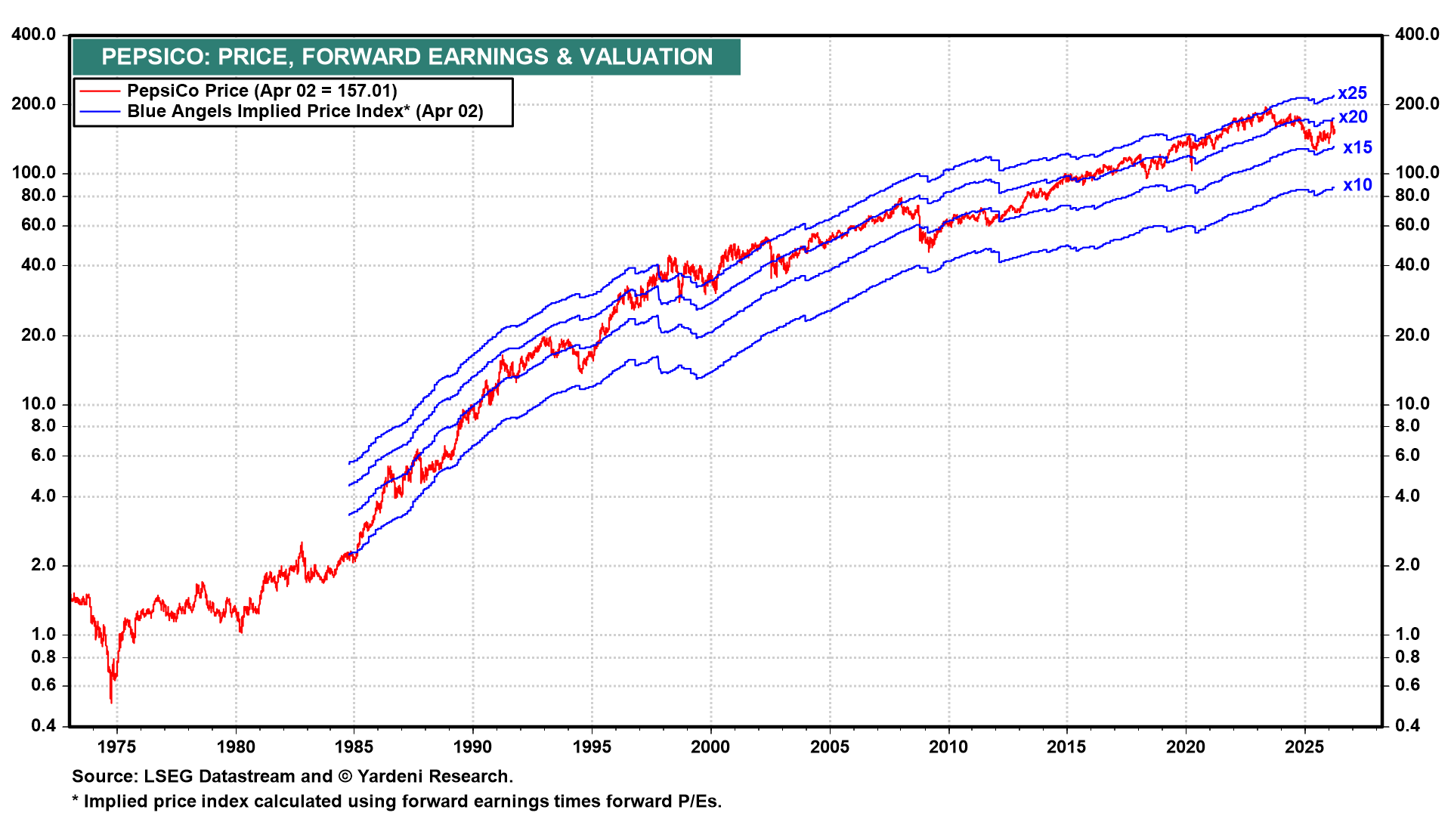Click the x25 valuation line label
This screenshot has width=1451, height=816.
1352,93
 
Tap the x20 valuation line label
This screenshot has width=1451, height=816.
1353,117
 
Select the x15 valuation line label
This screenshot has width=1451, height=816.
1357,148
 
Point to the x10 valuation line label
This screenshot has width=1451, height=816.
1357,185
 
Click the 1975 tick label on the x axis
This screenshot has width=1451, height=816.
117,747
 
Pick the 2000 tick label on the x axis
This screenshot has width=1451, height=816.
710,747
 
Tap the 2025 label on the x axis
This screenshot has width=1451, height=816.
1304,747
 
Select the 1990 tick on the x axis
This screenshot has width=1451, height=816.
473,747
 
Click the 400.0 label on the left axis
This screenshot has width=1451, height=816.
34,35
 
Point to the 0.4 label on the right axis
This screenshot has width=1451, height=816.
1407,726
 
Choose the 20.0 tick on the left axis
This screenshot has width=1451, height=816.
38,335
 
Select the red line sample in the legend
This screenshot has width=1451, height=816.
100,91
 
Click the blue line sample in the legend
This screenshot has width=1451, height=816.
100,112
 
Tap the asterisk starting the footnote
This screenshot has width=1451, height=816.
76,801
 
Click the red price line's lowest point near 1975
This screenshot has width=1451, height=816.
111,703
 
